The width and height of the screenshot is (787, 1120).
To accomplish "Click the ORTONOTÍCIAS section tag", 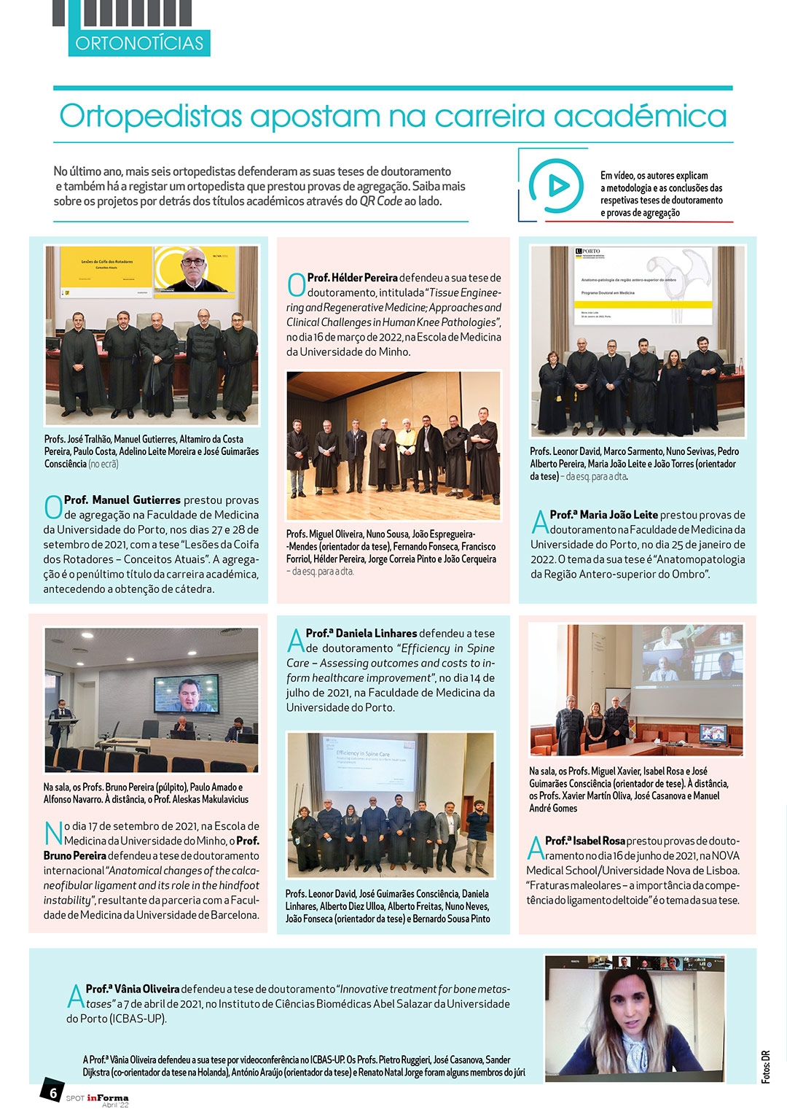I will (139, 43).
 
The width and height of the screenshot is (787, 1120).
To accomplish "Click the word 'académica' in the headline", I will (640, 117).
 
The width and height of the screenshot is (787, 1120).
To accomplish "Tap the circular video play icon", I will (556, 186).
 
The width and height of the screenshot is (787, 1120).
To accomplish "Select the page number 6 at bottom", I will (52, 1092).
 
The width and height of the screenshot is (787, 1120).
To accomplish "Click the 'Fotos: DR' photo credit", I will (765, 1066).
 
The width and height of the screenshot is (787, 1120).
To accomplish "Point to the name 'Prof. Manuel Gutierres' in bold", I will (122, 500).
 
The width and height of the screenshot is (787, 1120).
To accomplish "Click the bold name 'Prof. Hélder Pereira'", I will (353, 278).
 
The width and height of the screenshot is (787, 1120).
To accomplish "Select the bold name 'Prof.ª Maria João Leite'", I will (603, 515).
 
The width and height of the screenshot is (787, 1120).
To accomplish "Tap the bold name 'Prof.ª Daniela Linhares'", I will (361, 634).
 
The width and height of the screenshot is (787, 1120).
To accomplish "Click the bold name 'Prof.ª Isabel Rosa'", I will (585, 841).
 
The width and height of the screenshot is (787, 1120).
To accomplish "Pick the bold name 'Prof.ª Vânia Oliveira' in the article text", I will (133, 989).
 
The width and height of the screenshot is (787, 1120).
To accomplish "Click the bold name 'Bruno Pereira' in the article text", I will (75, 856).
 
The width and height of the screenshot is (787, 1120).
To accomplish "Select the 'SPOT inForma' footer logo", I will (98, 1099).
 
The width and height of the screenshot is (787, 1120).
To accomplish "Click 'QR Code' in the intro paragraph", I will (380, 201).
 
